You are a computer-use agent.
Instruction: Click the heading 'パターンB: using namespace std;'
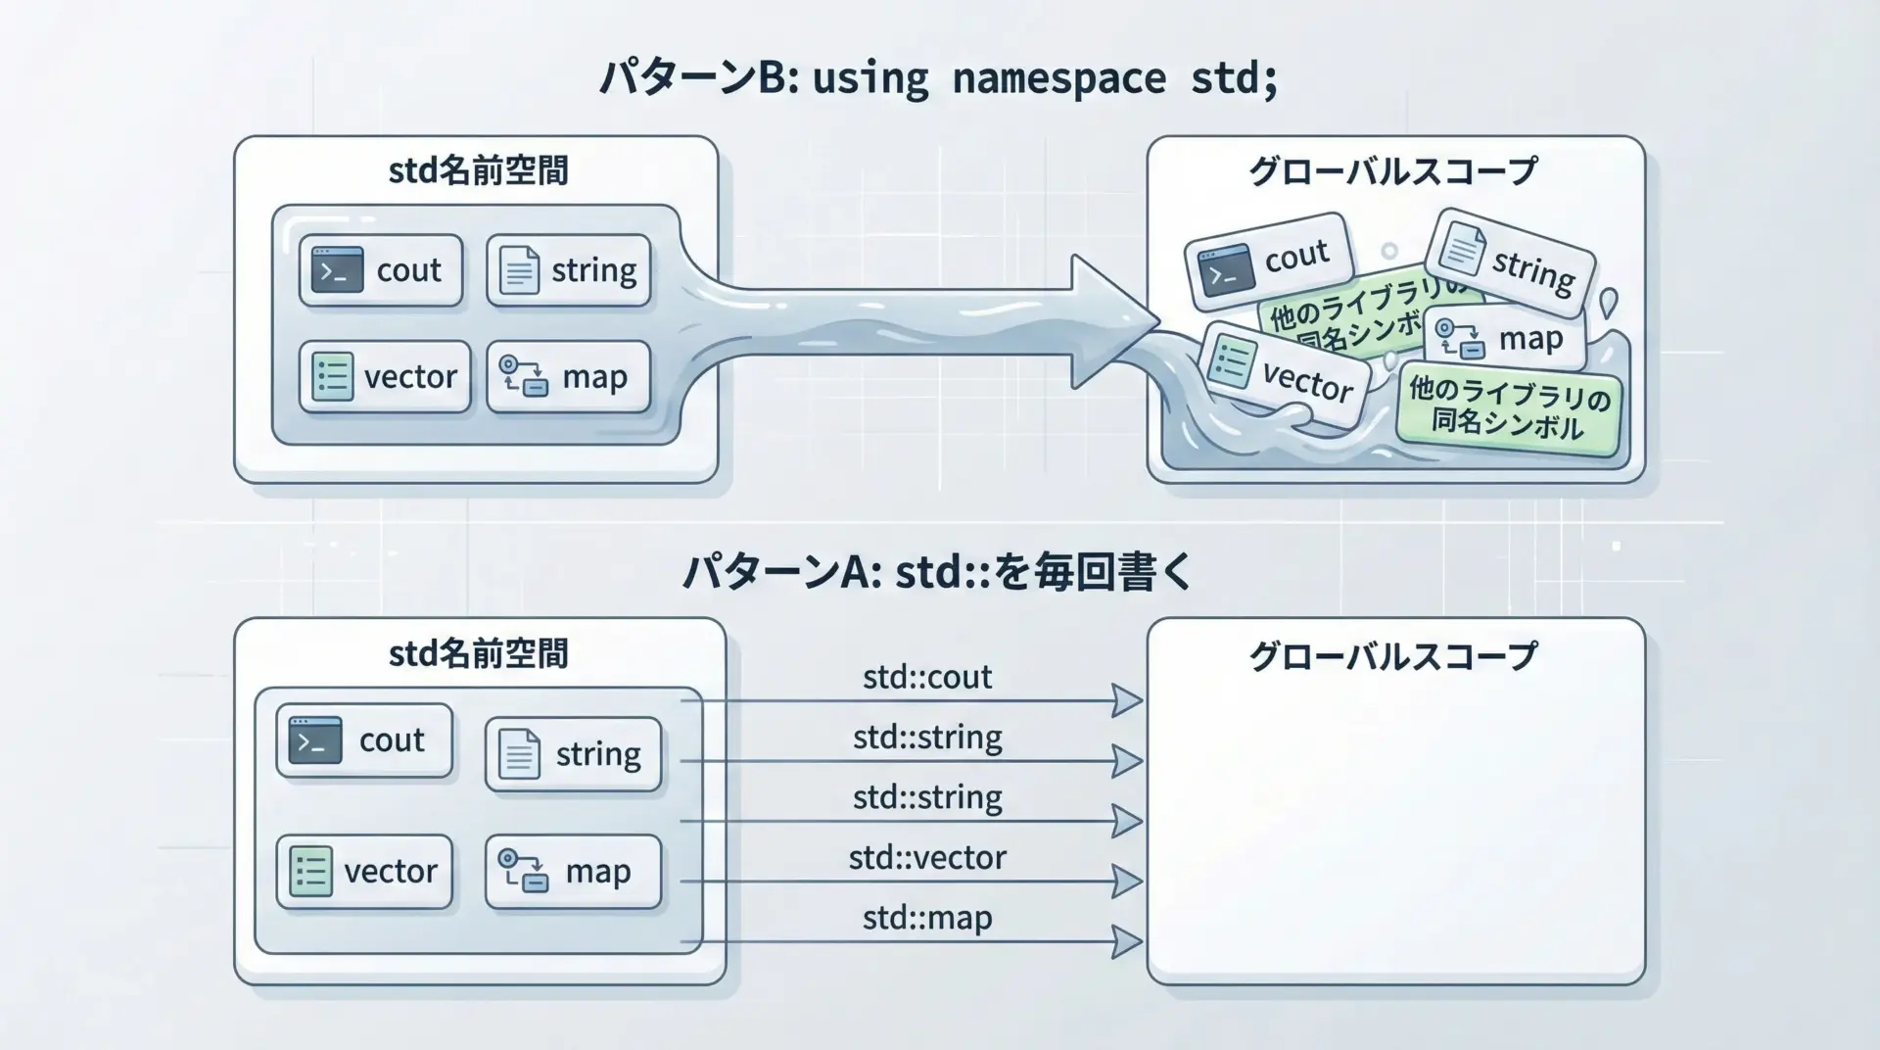coord(938,78)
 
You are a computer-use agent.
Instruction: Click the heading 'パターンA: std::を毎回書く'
coord(938,572)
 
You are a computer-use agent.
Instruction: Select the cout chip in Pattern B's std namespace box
coord(381,270)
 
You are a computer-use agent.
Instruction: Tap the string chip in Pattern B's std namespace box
coord(569,270)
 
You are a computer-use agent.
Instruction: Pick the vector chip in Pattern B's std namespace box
coord(385,376)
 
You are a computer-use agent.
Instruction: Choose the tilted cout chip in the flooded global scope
coord(1269,261)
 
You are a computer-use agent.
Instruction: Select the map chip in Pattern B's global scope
coord(1505,339)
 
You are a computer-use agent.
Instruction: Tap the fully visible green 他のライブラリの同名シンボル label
coord(1509,409)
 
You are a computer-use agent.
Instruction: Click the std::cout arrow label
coord(926,677)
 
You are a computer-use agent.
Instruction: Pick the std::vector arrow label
coord(926,858)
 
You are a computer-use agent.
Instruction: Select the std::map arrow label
coord(926,918)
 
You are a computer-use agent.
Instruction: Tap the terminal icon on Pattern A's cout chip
coord(315,740)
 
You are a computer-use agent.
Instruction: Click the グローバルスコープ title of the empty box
coord(1393,655)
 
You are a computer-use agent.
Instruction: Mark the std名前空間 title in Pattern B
coord(478,170)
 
